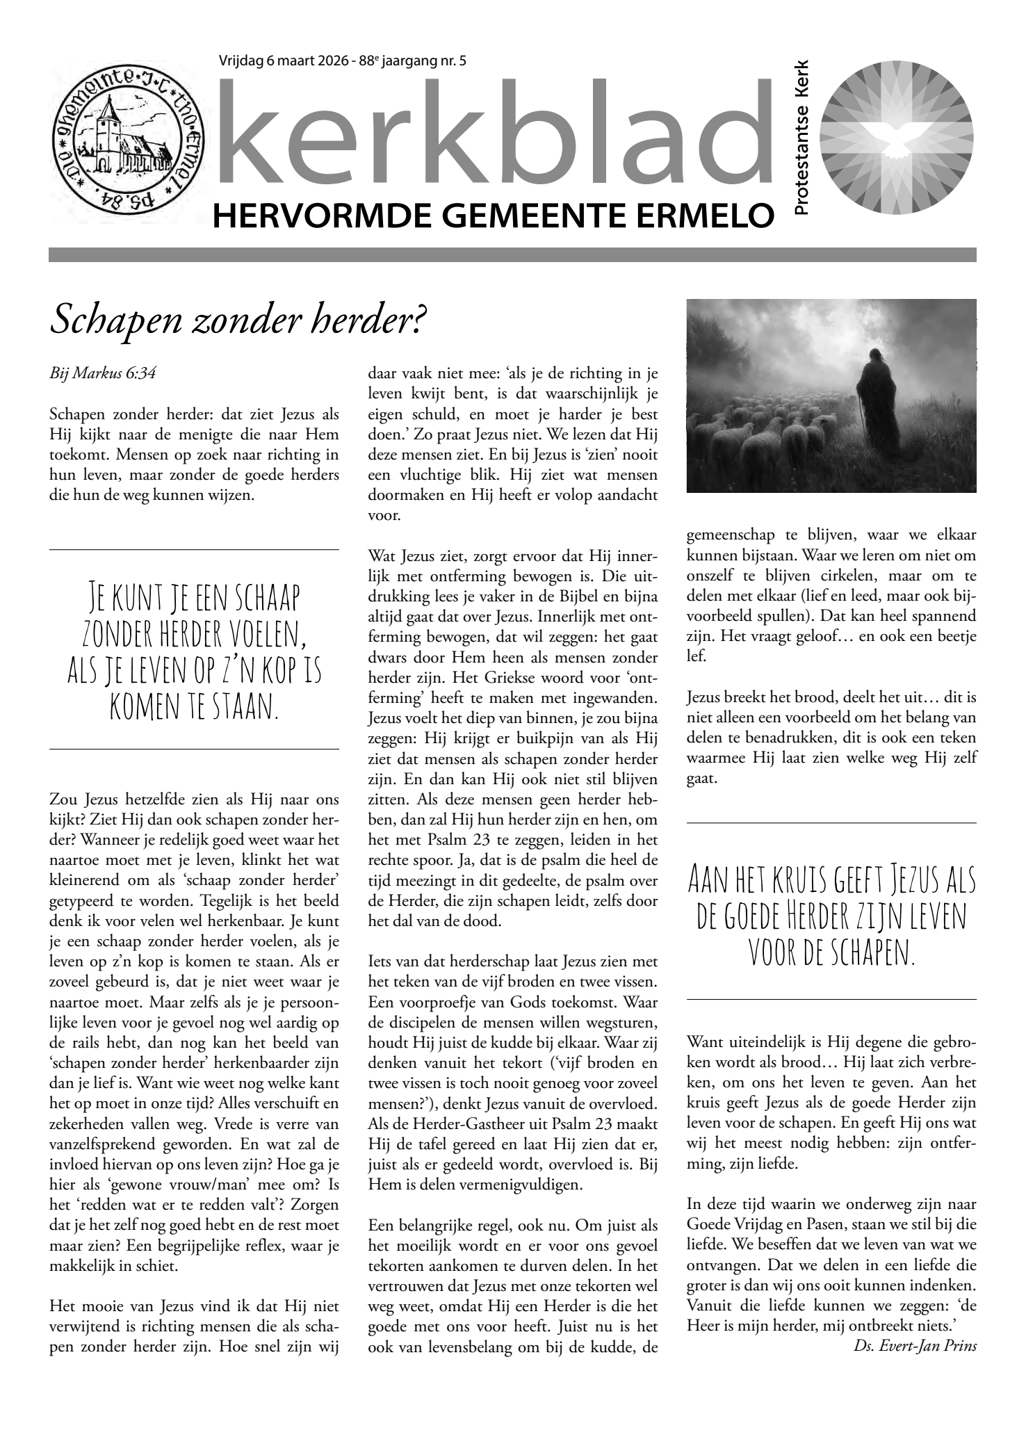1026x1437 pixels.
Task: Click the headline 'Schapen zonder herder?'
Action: (x=236, y=320)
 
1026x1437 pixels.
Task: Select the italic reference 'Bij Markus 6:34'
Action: (x=102, y=373)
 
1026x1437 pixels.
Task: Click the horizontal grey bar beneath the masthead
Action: (x=512, y=254)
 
